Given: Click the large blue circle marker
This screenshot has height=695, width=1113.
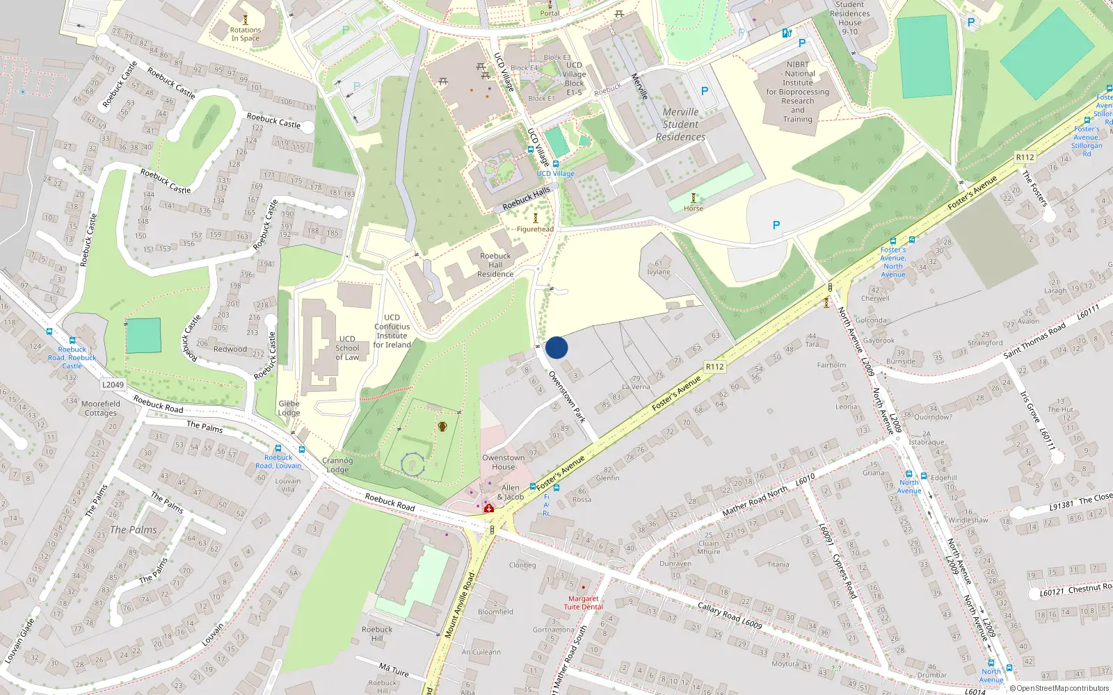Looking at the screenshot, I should (556, 347).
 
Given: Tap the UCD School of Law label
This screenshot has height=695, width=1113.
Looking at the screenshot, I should (347, 348).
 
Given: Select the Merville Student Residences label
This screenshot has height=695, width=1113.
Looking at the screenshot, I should (680, 124).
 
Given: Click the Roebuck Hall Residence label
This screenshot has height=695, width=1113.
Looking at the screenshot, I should (495, 265).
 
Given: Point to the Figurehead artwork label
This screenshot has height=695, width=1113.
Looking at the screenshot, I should (535, 229).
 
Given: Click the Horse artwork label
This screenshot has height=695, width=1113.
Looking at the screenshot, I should (693, 208).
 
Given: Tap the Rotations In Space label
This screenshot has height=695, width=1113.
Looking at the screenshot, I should (246, 34).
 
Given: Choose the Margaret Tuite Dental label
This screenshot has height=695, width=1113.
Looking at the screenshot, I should (583, 603).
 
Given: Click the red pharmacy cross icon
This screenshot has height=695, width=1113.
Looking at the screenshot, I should (489, 509).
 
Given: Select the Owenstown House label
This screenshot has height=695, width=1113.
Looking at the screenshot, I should (503, 462).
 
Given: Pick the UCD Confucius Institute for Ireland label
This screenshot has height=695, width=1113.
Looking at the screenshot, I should (392, 331).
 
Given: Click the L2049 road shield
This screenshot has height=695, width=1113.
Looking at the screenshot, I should (113, 384).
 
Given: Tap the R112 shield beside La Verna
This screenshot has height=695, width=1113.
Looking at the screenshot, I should (714, 366).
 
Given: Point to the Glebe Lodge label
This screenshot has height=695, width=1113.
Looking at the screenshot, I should (289, 408).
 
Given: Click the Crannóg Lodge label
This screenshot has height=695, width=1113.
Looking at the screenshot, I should (337, 465).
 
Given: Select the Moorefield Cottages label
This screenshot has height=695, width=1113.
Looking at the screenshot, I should (101, 408).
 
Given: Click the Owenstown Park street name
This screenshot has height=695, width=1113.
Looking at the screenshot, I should (567, 397).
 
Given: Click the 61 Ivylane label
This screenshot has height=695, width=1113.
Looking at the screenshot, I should (659, 268).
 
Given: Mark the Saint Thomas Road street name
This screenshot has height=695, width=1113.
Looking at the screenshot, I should (1034, 341).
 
